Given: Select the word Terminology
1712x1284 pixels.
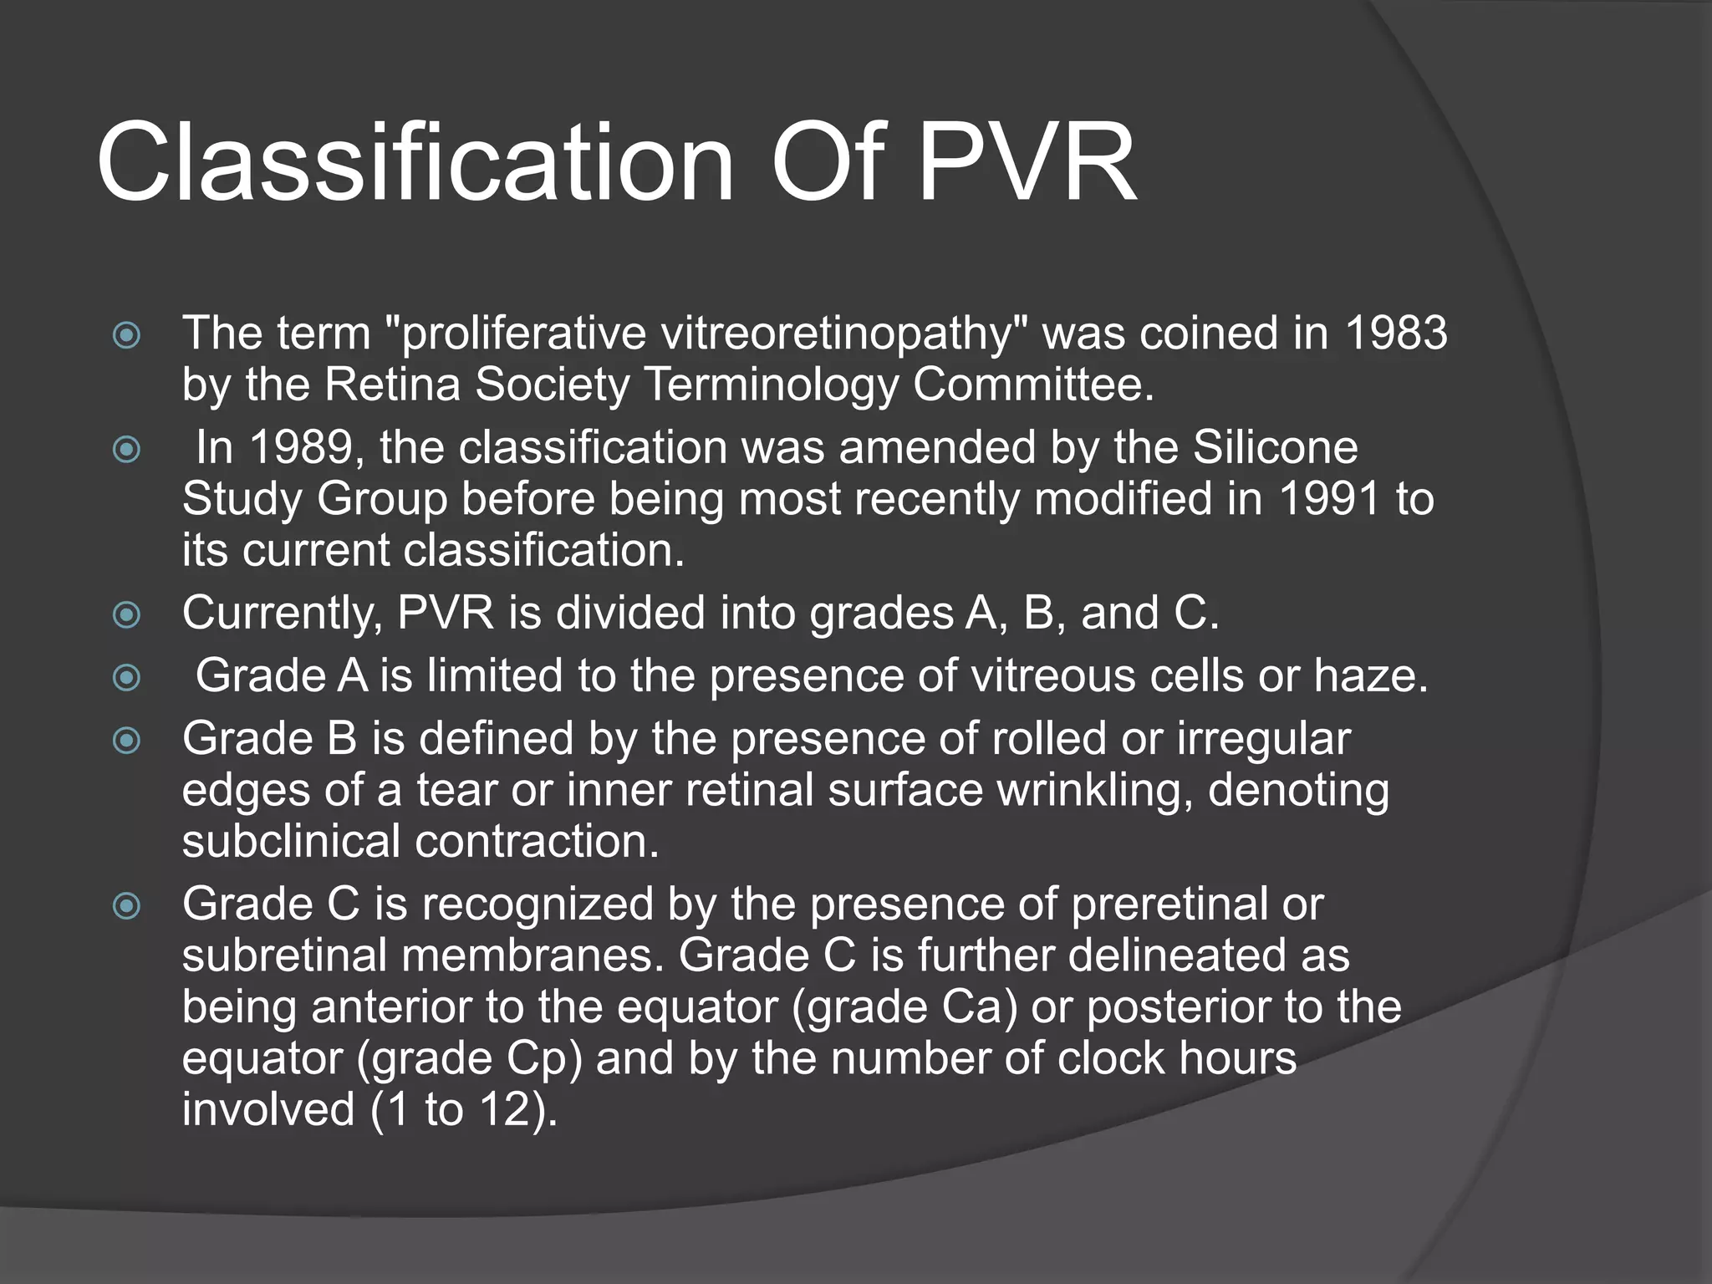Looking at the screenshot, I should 771,385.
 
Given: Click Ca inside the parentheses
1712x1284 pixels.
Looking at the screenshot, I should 970,1007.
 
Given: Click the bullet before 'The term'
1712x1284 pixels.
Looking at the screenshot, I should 126,336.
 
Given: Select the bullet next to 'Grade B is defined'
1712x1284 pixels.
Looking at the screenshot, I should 126,741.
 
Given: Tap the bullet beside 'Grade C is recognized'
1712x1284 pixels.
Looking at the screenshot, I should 126,906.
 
